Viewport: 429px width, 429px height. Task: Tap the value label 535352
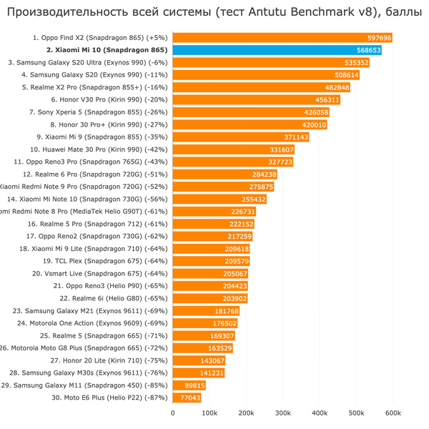356,63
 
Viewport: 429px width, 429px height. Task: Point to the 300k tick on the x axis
282,413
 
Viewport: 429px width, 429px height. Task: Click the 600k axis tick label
393,413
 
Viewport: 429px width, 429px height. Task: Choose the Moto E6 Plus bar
187,398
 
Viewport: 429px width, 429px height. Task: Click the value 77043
190,398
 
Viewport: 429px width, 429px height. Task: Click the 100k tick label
209,413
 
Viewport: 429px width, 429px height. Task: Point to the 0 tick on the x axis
172,413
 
